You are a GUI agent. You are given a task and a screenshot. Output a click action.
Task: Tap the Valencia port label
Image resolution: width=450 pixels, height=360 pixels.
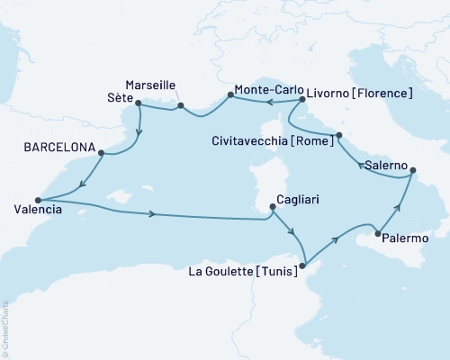pyautogui.click(x=32, y=210)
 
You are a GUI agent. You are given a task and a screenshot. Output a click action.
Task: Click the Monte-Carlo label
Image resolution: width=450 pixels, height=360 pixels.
pyautogui.click(x=266, y=90)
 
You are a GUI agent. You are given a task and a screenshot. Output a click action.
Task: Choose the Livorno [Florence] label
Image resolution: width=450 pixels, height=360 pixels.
pyautogui.click(x=359, y=92)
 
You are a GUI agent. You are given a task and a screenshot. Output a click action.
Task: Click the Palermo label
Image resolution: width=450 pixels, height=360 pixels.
pyautogui.click(x=405, y=238)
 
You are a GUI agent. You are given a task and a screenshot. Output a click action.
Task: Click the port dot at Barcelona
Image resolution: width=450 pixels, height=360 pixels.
pyautogui.click(x=101, y=153)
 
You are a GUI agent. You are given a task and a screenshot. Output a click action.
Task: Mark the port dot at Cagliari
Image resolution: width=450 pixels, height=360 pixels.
pyautogui.click(x=272, y=209)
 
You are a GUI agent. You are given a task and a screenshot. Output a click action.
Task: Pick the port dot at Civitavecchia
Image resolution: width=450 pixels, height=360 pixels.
pyautogui.click(x=339, y=136)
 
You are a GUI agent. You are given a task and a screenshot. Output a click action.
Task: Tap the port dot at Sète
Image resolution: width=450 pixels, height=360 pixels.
pyautogui.click(x=138, y=103)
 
